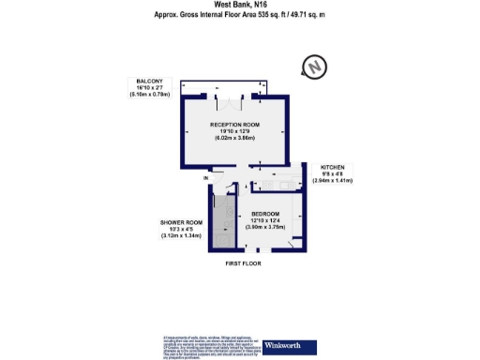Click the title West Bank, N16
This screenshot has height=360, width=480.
(239, 5)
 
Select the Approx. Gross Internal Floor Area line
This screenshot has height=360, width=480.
(239, 15)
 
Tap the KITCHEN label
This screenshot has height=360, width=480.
(333, 166)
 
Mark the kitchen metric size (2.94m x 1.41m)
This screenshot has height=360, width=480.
(333, 180)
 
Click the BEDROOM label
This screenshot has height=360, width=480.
(268, 213)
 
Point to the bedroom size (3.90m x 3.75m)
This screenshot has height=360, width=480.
(268, 227)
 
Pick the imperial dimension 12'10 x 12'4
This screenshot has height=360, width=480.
(268, 219)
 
